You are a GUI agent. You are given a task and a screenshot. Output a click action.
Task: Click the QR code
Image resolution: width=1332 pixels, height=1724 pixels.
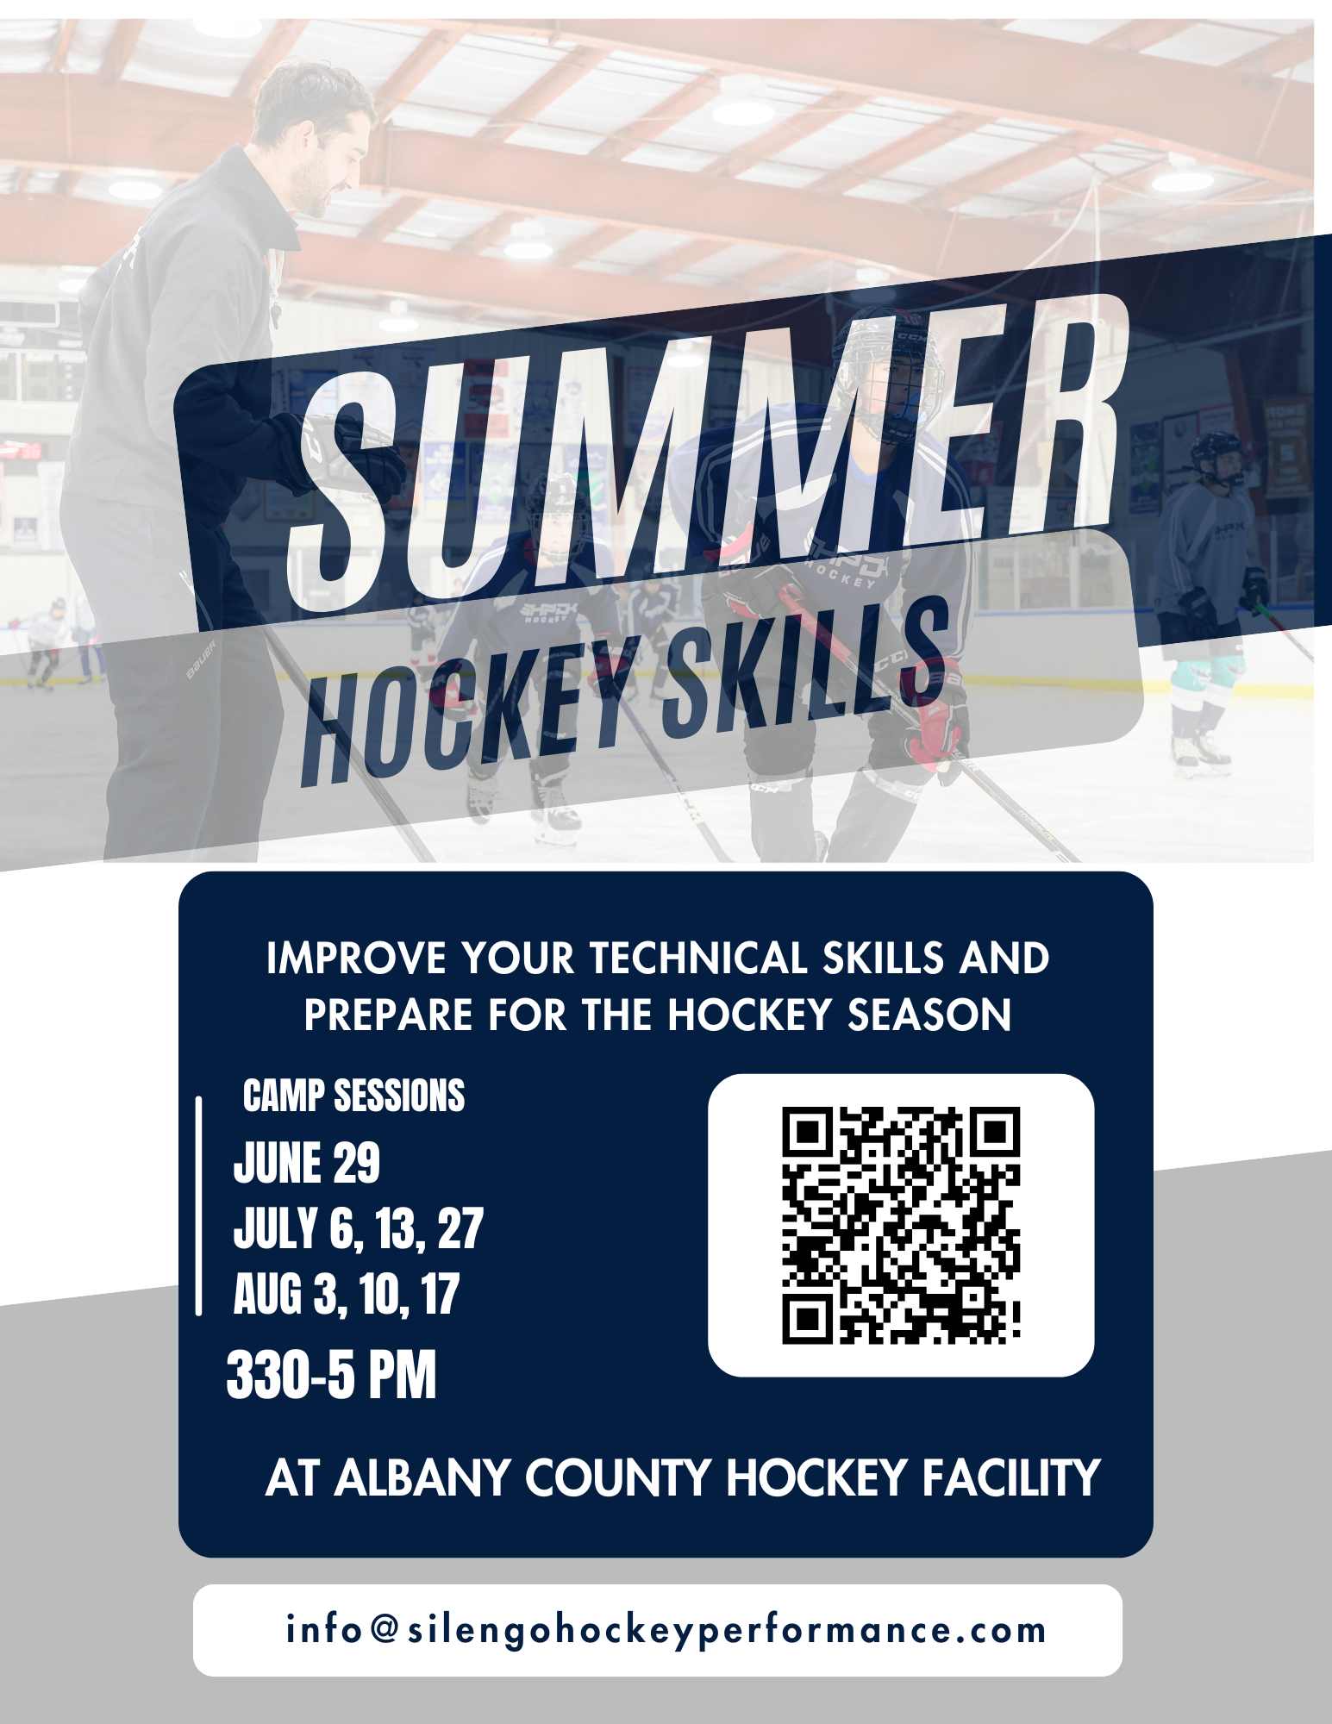901,1225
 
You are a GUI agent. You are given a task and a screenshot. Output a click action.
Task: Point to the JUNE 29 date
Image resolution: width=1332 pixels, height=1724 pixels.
306,1163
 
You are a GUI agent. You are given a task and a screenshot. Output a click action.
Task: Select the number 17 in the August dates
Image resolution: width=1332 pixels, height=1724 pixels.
441,1294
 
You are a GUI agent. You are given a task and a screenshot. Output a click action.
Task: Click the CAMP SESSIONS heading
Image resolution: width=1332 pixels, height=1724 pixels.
353,1096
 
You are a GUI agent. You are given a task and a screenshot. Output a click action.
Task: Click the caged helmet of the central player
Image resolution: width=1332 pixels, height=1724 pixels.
888,371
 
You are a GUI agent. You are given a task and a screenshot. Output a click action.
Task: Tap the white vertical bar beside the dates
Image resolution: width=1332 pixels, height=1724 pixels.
199,1207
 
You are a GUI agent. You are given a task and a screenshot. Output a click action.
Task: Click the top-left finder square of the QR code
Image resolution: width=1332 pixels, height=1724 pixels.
806,1131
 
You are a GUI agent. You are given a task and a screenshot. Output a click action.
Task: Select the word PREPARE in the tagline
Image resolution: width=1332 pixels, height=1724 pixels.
388,1015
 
